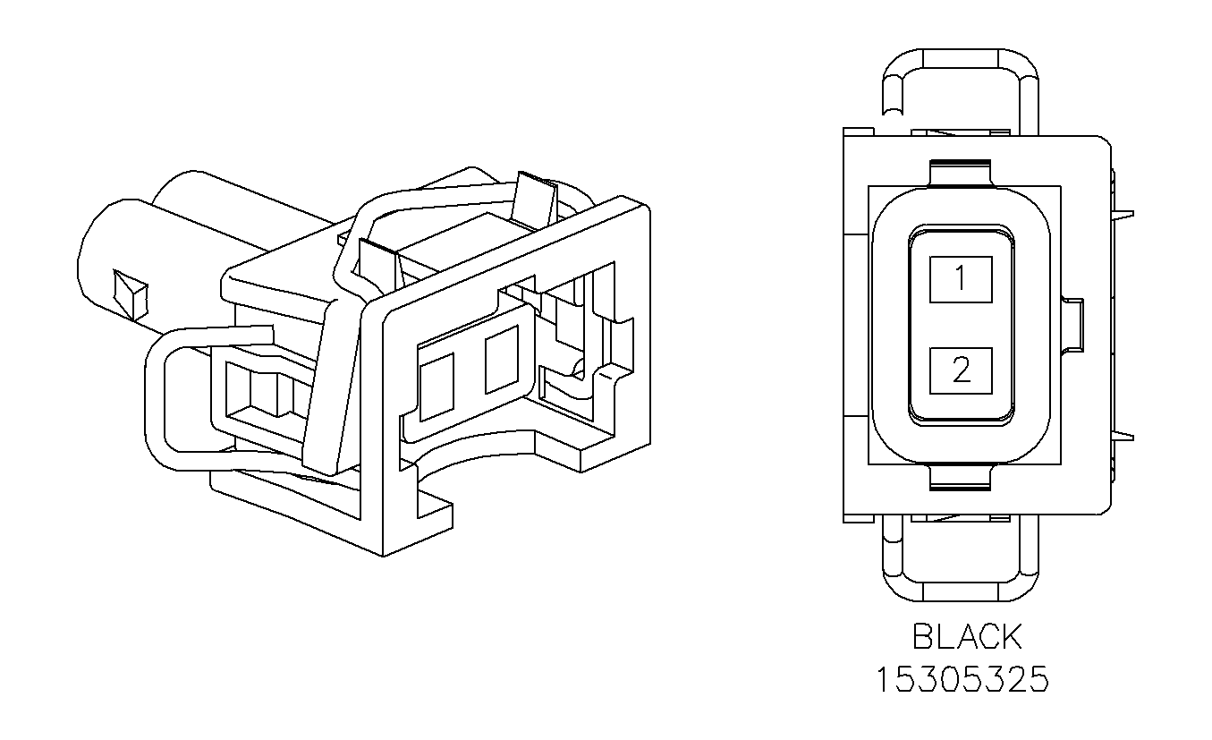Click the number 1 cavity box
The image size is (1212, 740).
[x=961, y=279]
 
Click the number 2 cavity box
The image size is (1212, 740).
[x=961, y=370]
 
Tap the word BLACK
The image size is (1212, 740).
[x=966, y=637]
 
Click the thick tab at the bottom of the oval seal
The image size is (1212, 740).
[x=961, y=479]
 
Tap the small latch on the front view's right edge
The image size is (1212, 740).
[x=1073, y=324]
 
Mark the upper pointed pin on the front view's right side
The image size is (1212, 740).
[x=1124, y=214]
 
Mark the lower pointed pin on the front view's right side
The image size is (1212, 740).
[x=1124, y=438]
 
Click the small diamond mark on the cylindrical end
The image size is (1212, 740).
[x=129, y=293]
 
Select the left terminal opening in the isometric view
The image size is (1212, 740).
[x=437, y=386]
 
